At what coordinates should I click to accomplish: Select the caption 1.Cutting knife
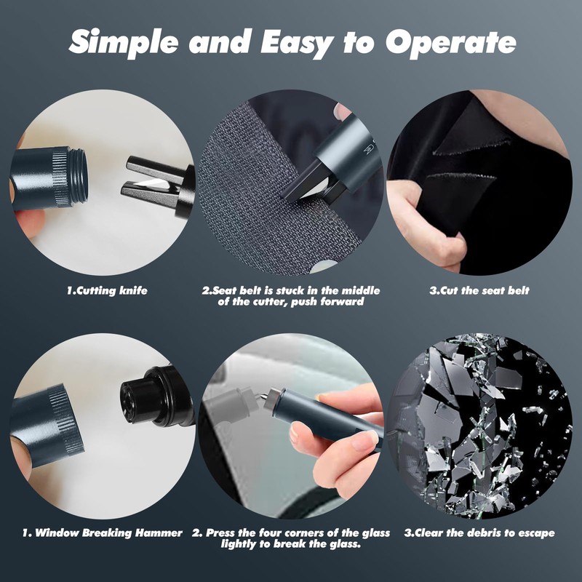[107, 291]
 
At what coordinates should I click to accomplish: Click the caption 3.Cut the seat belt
[479, 291]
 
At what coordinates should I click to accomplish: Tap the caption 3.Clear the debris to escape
[479, 533]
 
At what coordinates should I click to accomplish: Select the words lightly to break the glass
[291, 543]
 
